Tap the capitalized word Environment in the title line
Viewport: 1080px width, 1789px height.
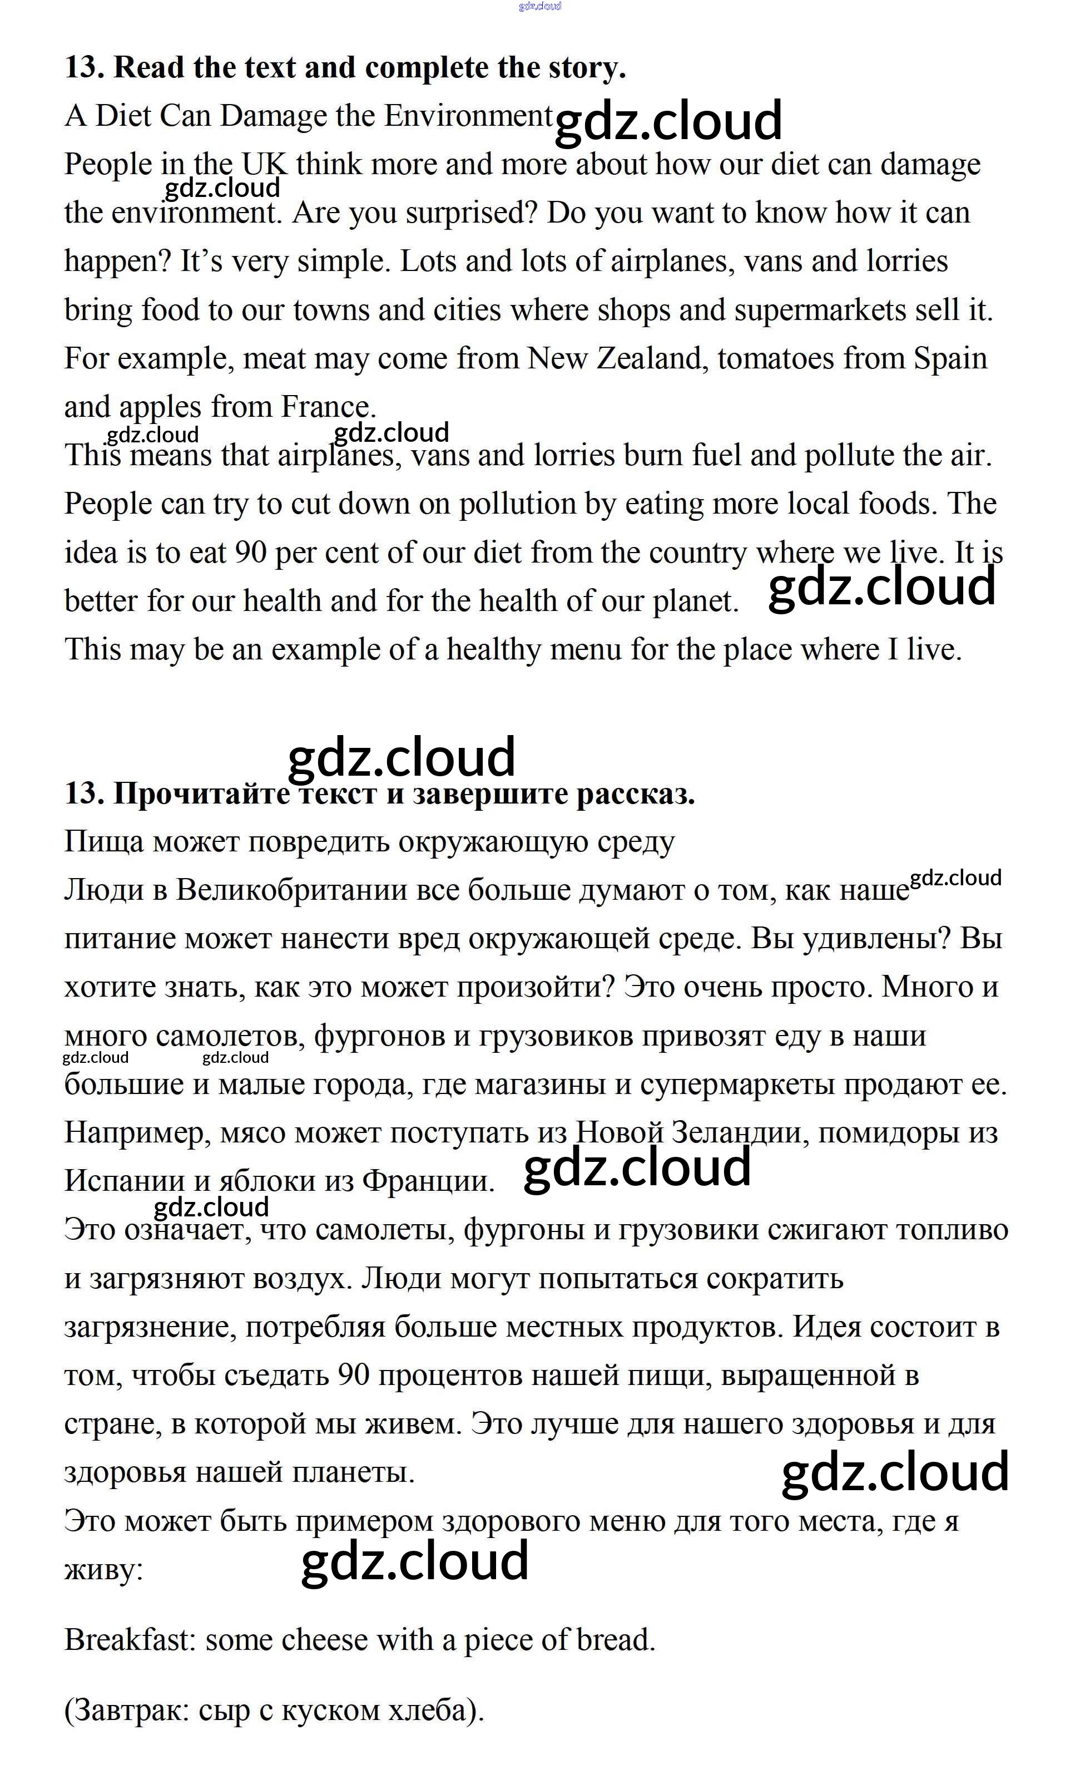[468, 116]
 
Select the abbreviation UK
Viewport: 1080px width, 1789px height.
[264, 165]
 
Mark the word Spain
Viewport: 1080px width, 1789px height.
[950, 359]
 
